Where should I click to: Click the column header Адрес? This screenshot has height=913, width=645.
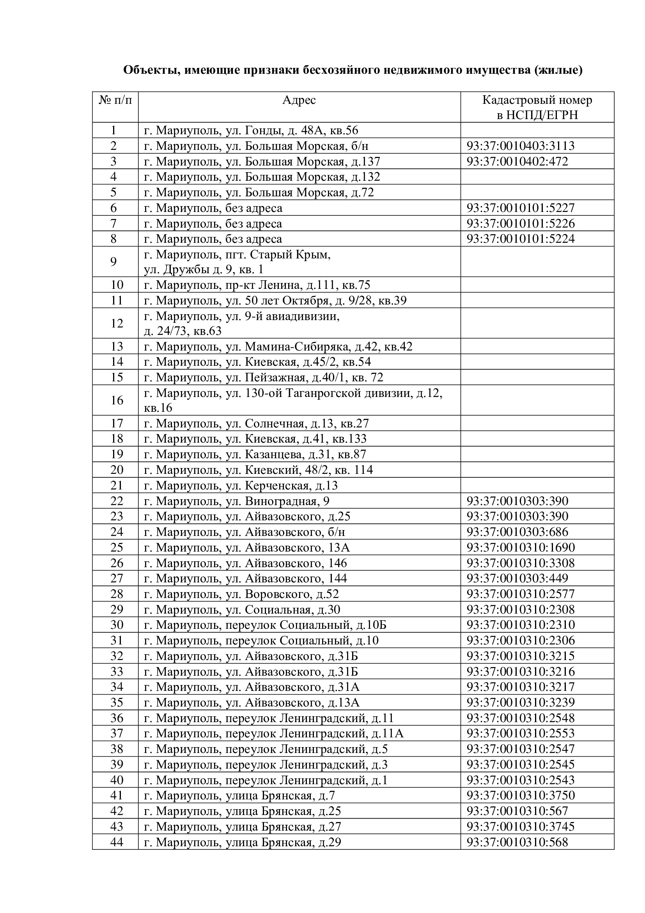pos(299,100)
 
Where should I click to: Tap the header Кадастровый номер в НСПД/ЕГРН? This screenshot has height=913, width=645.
pos(537,107)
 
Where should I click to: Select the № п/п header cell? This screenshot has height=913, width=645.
pos(115,100)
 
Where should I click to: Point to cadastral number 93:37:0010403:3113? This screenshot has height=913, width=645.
pos(520,146)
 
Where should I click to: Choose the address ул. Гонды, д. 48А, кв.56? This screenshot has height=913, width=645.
pos(251,130)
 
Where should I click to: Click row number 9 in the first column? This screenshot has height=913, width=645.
pos(113,262)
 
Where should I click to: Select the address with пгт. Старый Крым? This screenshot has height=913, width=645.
pos(237,262)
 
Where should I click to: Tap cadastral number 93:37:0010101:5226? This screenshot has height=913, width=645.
pos(520,224)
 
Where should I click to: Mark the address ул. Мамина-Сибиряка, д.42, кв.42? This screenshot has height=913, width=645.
pos(278,346)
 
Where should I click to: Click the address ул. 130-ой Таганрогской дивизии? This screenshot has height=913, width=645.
pos(293,400)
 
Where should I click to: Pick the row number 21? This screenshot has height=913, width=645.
pos(117,486)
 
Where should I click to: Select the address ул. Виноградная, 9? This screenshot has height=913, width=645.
pos(237,501)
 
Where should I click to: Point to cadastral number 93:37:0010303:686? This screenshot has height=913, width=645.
pos(517,532)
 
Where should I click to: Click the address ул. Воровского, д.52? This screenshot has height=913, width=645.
pos(241,594)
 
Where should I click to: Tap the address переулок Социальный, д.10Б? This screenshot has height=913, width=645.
pos(265,625)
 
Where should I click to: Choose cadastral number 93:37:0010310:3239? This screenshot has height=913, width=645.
pos(520,702)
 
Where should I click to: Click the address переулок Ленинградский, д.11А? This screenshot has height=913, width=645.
pos(274,733)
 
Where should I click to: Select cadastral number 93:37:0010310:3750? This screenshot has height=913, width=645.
pos(520,795)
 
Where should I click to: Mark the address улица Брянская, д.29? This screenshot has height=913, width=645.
pos(242,842)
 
